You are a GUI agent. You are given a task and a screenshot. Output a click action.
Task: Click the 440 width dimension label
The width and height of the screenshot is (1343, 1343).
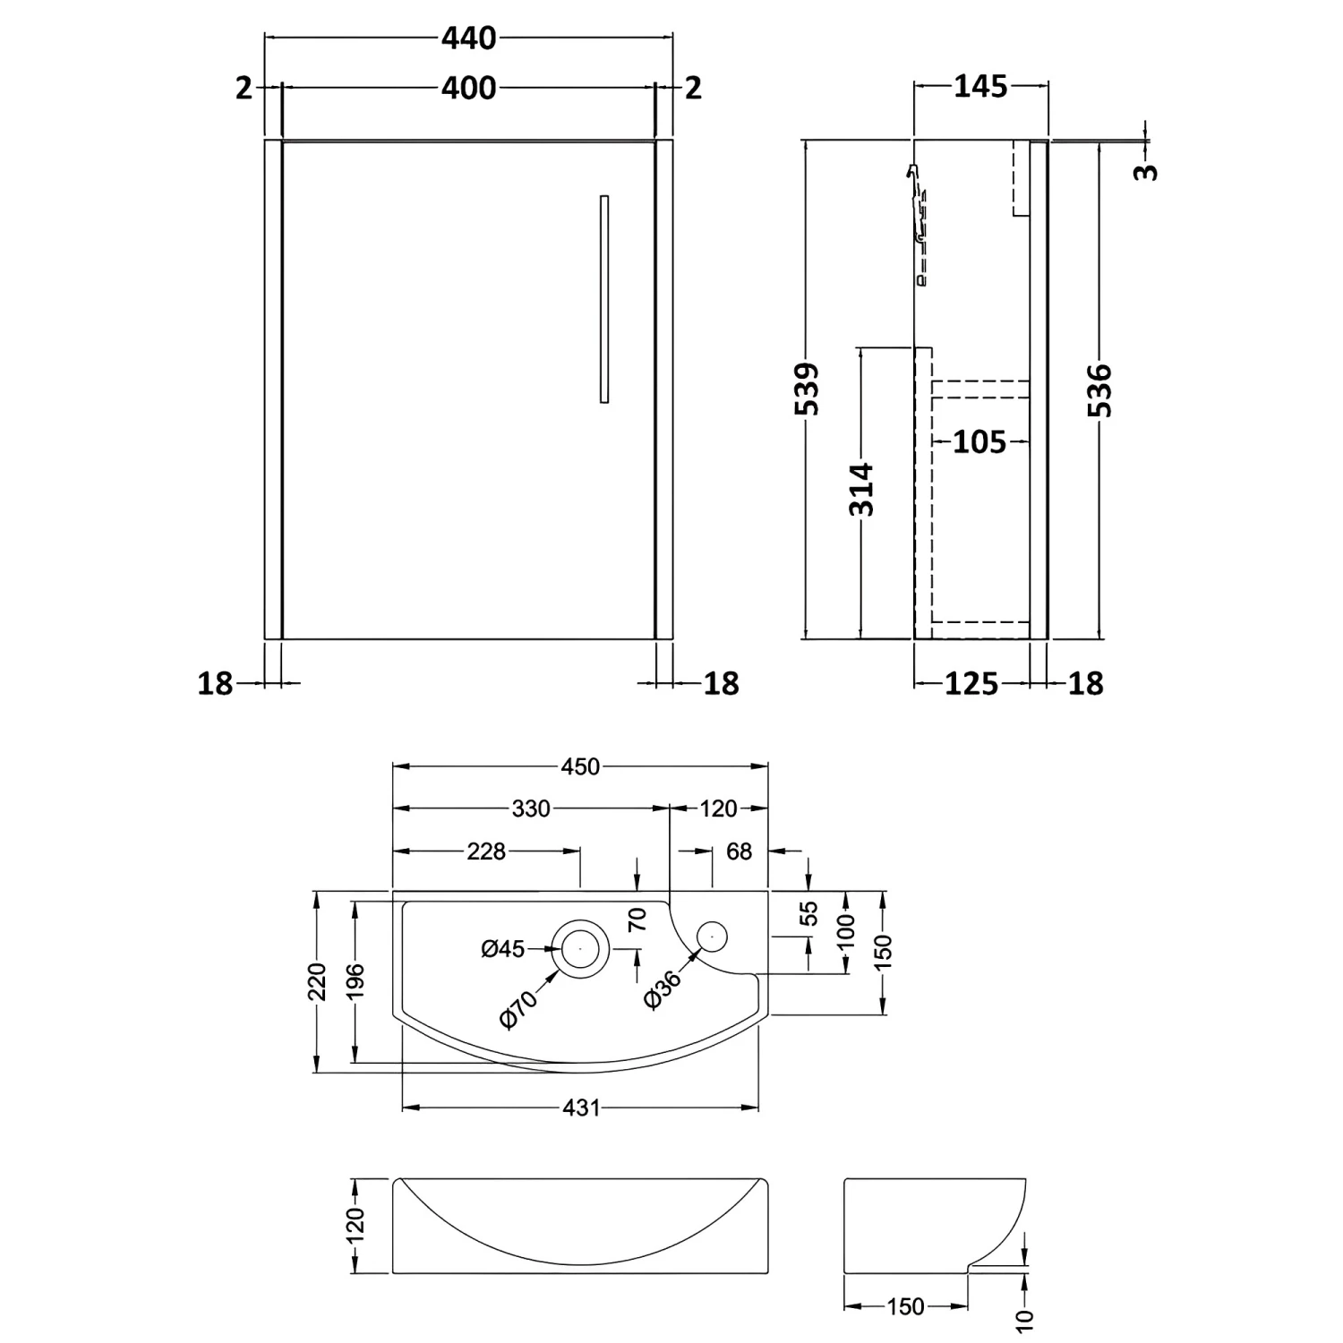[x=468, y=38]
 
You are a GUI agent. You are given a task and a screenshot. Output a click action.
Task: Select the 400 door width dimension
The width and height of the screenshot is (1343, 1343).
[x=468, y=88]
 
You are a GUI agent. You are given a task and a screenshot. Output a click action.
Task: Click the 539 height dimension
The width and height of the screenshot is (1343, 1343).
[x=808, y=389]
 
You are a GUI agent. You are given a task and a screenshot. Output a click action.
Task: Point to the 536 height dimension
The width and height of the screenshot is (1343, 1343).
[x=1100, y=390]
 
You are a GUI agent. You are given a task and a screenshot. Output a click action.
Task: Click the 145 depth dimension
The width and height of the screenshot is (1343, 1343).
[x=980, y=87]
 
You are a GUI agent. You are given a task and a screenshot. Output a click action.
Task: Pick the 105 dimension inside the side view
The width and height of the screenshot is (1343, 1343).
[x=979, y=441]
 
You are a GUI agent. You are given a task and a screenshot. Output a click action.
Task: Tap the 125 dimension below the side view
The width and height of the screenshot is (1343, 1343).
[x=971, y=684]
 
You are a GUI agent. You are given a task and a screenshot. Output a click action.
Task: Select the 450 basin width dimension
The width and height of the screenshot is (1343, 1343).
[x=580, y=766]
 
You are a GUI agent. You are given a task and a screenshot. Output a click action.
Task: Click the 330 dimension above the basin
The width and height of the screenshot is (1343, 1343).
[x=531, y=808]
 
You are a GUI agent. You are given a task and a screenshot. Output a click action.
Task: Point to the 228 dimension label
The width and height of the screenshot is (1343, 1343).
[x=486, y=851]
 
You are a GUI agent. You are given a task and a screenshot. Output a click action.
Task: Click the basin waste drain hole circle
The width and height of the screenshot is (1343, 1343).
[x=580, y=947]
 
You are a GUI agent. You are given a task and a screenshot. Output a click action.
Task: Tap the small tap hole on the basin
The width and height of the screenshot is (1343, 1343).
[x=713, y=937]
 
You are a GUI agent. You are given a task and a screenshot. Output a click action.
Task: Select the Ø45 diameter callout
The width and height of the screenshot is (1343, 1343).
[x=502, y=948]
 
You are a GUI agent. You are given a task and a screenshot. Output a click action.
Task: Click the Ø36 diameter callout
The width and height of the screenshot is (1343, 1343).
[x=663, y=989]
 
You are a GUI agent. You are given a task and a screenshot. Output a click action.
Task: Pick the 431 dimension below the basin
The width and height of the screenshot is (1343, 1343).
[x=581, y=1108]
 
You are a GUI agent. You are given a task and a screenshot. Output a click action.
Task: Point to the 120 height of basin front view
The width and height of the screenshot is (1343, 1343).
[x=355, y=1224]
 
